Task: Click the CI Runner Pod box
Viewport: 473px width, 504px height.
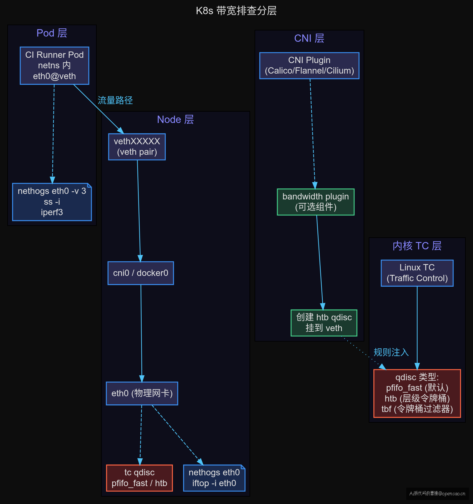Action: point(54,66)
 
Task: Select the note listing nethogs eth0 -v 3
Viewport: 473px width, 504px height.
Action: point(52,202)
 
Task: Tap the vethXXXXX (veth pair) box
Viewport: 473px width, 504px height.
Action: point(137,147)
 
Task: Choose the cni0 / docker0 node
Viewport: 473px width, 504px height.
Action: point(141,273)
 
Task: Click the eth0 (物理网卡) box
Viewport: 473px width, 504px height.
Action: point(142,393)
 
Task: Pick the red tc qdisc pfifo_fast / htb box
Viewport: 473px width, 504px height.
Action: point(140,478)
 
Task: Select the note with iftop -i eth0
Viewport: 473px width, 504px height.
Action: point(214,478)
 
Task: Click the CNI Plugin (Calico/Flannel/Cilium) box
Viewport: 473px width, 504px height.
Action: point(309,65)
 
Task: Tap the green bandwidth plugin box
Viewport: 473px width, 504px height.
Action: point(316,202)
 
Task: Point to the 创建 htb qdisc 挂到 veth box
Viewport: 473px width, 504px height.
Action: point(324,323)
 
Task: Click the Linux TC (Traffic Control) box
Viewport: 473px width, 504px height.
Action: point(417,273)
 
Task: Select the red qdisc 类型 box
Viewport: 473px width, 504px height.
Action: point(417,393)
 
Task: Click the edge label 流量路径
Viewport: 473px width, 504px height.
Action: point(115,100)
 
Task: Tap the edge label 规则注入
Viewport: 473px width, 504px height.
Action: point(391,352)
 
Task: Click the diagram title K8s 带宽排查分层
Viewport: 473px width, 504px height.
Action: point(236,11)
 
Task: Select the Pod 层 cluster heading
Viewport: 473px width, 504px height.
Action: point(52,33)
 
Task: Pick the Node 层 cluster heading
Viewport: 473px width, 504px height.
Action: point(175,120)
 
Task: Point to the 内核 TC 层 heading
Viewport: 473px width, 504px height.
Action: point(417,246)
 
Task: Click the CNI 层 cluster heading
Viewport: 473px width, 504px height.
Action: point(309,38)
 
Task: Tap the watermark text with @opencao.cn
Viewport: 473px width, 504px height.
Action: point(438,493)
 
